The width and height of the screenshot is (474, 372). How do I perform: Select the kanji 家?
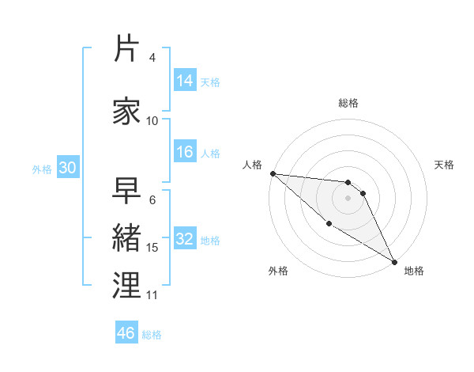coord(127,110)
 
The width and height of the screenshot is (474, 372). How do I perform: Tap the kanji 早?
coord(127,192)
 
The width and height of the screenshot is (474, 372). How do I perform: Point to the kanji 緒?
coord(127,237)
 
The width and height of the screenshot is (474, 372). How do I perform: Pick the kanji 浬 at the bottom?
coord(127,285)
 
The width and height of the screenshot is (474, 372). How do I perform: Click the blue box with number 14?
coord(185,81)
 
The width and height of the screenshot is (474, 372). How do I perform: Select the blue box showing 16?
coord(185,152)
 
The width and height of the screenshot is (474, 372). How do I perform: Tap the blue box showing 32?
coord(185,239)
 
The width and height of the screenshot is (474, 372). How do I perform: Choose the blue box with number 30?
coord(66,168)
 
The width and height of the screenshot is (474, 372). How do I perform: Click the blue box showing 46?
coord(126,333)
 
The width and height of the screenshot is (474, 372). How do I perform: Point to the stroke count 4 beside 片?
coord(152,58)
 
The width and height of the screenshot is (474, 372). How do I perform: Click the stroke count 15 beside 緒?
coord(152,248)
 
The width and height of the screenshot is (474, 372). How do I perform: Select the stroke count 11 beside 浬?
coord(152,295)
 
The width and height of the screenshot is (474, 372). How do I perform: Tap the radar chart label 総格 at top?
coord(348,103)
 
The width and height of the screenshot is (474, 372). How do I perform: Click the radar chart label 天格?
coord(445,165)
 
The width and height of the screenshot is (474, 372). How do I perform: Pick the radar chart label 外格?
coord(278,271)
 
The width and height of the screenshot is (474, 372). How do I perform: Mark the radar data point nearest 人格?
coord(273,173)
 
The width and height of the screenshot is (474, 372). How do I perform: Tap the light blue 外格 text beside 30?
coord(41,169)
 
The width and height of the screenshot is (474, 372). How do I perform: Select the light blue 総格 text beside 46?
coord(152,334)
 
